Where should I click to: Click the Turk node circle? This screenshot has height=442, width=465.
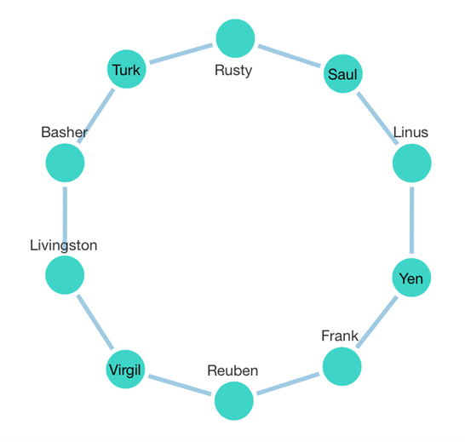click(126, 69)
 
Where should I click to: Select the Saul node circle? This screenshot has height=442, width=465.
click(343, 73)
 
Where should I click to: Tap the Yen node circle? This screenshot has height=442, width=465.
click(411, 278)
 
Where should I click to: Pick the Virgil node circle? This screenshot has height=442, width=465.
click(125, 370)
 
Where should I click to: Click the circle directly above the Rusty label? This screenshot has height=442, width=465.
click(235, 38)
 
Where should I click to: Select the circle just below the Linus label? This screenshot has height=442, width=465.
click(412, 164)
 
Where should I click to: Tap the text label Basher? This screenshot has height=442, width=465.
click(65, 132)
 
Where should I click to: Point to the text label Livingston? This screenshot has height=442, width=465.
click(64, 245)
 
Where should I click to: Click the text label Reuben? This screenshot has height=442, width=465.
click(232, 370)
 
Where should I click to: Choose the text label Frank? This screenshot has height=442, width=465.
click(340, 336)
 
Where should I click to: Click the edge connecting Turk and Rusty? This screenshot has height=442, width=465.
click(181, 54)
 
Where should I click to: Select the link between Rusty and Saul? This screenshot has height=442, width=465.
click(290, 55)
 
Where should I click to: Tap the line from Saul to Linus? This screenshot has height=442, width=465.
click(377, 118)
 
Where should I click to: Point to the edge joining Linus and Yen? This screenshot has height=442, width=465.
click(412, 221)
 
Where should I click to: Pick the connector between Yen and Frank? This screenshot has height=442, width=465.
click(376, 322)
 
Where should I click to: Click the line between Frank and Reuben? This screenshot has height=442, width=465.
click(288, 384)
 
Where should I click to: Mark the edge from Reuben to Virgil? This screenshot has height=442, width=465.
click(180, 385)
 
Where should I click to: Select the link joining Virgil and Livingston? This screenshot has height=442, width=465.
click(95, 322)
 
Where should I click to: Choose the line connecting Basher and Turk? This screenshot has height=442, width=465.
click(95, 116)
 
